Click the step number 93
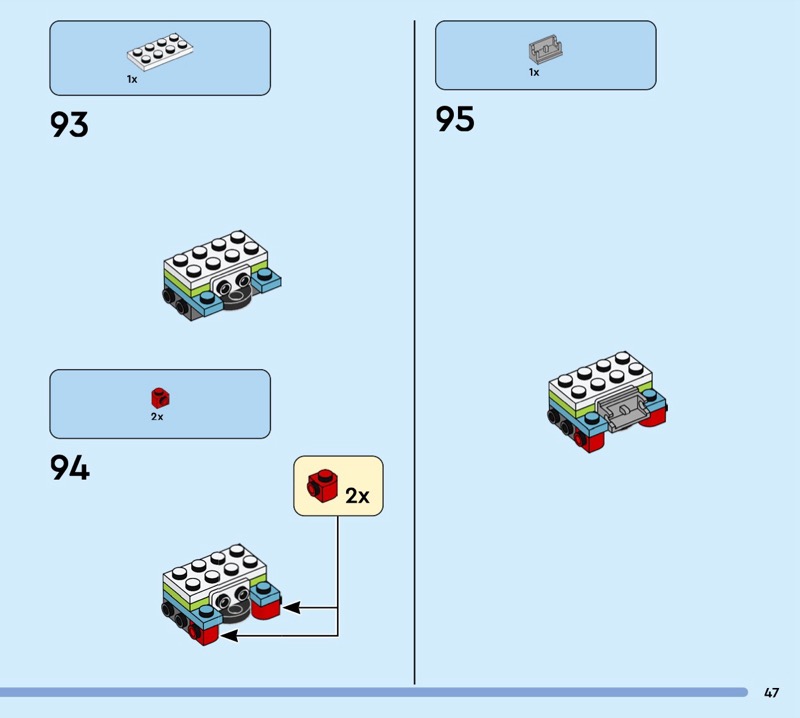[69, 125]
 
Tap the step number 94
[69, 468]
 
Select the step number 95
[455, 119]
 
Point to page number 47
[771, 692]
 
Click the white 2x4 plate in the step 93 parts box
[160, 52]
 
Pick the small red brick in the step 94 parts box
[160, 398]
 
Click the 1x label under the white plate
[132, 79]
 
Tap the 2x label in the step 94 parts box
[157, 416]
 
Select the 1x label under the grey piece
[534, 72]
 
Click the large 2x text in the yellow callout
[357, 496]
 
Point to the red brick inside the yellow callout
[322, 485]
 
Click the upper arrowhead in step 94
[291, 608]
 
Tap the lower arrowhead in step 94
[229, 636]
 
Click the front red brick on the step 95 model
[589, 440]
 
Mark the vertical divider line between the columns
[414, 352]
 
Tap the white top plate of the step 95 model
[600, 380]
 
